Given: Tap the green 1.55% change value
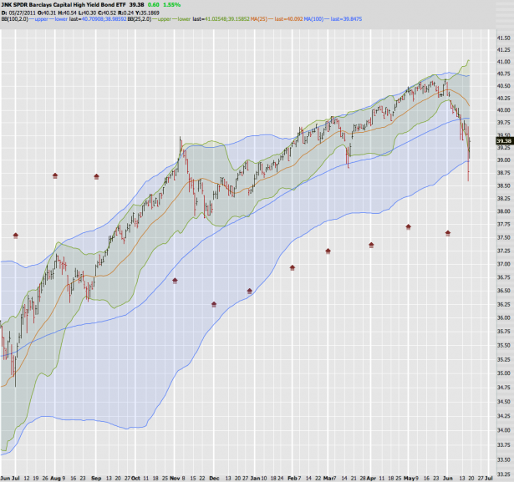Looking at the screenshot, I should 172,4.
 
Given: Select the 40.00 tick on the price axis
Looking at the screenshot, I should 503,109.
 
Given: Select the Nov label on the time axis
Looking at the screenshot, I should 178,477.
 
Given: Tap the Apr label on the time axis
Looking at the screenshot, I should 370,477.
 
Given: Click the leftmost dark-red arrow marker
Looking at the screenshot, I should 15,212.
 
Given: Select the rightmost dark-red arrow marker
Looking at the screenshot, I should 449,233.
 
